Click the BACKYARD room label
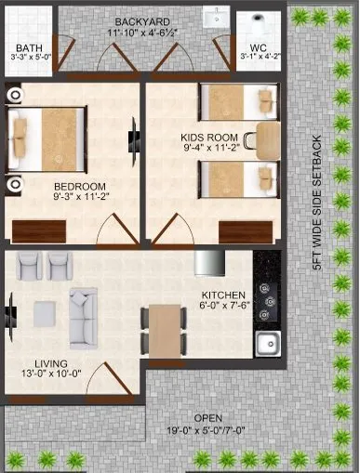142,21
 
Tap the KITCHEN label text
223,297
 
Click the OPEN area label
207,418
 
